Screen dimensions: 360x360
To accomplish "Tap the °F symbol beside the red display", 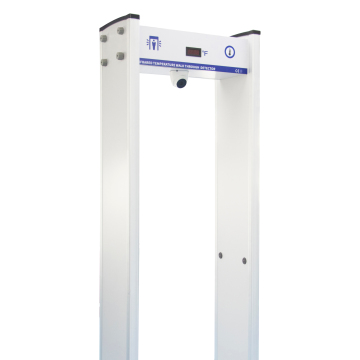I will click(206, 52).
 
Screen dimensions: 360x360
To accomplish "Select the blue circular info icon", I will click(230, 51).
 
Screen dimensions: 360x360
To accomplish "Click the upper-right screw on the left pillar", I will click(121, 32).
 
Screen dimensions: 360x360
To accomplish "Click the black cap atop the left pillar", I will click(118, 21).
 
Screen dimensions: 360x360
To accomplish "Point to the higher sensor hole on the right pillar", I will click(222, 254).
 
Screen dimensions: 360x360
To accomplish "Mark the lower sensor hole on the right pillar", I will click(244, 262).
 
